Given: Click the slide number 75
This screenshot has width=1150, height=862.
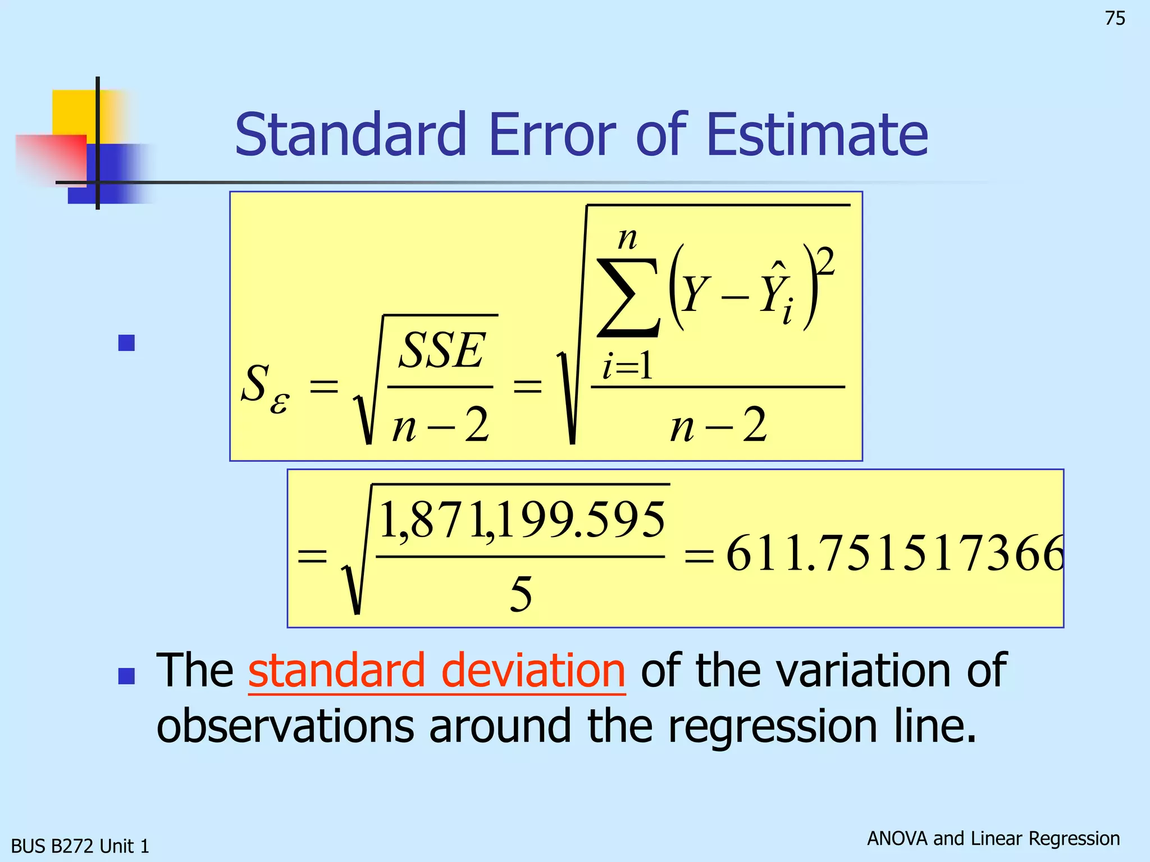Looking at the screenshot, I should (x=1115, y=19).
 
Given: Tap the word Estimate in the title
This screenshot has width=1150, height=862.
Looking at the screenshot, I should (x=817, y=135).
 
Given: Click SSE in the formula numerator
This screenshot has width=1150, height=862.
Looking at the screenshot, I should (x=441, y=351).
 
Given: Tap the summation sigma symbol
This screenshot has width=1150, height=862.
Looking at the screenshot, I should (x=628, y=297).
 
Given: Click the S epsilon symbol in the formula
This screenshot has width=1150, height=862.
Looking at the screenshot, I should (x=264, y=387).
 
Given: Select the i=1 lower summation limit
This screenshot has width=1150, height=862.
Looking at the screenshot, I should (x=627, y=368).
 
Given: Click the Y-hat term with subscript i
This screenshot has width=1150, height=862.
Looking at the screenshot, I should (x=778, y=295).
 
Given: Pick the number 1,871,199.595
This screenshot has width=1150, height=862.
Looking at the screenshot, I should (x=522, y=521).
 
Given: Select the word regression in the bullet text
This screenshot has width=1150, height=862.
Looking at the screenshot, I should (x=773, y=726).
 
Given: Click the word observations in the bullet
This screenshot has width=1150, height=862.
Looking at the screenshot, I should (x=285, y=726).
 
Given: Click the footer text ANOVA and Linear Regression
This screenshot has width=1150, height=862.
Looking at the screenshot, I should (x=993, y=838).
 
